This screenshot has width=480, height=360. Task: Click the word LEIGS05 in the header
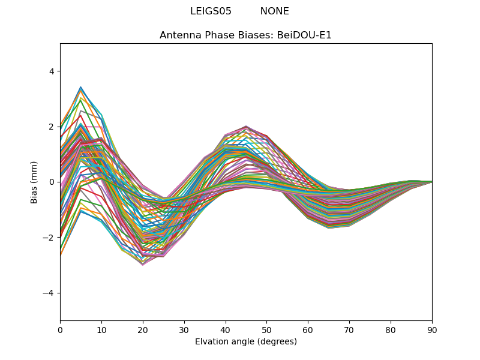coord(211,11)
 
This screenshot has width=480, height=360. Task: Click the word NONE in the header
coord(274,11)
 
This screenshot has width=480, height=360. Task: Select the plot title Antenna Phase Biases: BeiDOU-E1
coord(245,35)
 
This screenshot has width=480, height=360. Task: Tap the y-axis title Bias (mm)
coord(34,182)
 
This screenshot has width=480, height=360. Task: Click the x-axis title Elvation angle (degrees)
coord(245,341)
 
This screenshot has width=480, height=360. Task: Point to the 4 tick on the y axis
coord(51,71)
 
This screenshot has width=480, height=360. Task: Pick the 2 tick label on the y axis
coord(51,127)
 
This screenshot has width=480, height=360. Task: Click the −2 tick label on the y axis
coord(49,238)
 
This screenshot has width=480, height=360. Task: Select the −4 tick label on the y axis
coord(49,293)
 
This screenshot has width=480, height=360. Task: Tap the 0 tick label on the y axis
coord(51,182)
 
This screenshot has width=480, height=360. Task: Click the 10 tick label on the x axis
coord(101,329)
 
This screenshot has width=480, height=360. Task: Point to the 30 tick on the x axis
coord(184,329)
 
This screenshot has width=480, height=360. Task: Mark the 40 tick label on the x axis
coord(226,329)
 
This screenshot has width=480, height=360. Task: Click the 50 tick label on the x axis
coord(266,329)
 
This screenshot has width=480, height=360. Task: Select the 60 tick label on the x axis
coord(308,329)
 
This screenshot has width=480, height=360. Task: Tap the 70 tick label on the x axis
coord(349,329)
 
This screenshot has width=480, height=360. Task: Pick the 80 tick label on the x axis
coord(391,329)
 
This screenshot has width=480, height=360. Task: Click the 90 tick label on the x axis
coord(432,329)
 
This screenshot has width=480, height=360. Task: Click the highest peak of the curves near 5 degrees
coord(80,87)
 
